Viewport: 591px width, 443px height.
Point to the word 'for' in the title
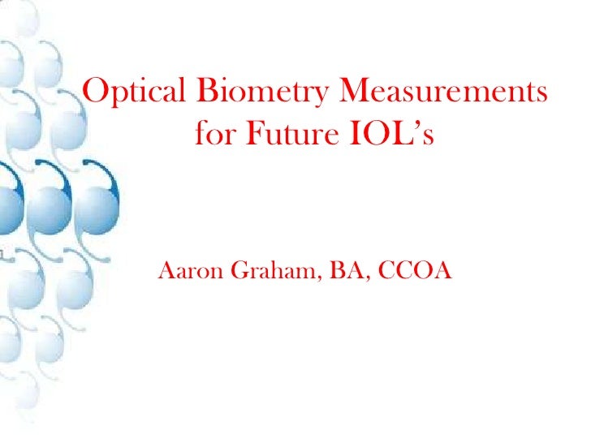coord(214,134)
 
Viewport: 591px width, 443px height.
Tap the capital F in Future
coord(249,134)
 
